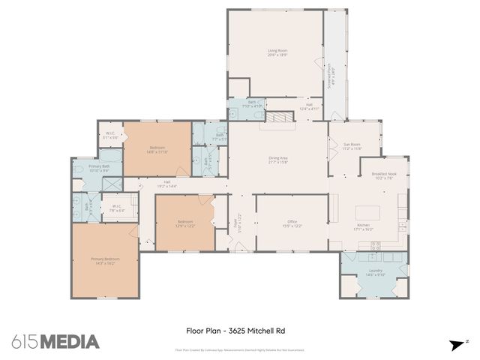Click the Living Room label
tap(277, 52)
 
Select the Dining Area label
tap(278, 160)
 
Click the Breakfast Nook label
tap(384, 176)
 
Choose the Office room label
tap(292, 223)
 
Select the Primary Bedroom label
tap(106, 262)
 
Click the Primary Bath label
tap(99, 169)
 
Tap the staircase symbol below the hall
tap(281, 115)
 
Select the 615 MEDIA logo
tap(55, 341)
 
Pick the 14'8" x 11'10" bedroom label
tap(157, 149)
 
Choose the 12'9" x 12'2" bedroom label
tap(185, 223)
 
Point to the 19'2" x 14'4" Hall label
tap(166, 184)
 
